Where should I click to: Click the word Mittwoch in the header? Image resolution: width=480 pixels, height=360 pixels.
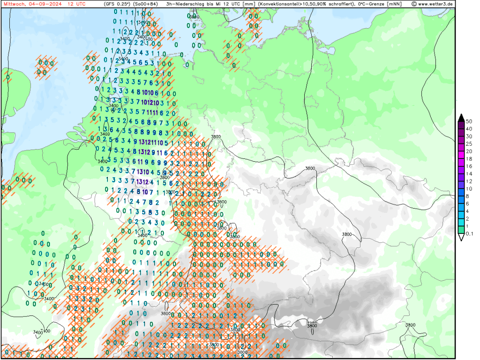[x=14, y=4]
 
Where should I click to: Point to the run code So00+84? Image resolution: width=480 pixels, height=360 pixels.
[x=146, y=4]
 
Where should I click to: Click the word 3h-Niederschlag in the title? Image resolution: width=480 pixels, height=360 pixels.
[x=187, y=4]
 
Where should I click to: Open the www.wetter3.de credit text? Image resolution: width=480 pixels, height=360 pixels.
[x=435, y=4]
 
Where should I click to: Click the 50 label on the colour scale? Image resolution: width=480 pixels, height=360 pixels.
[x=468, y=121]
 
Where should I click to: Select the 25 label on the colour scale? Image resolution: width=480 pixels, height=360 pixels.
[x=468, y=144]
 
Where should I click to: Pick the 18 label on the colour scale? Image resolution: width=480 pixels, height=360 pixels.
[x=468, y=159]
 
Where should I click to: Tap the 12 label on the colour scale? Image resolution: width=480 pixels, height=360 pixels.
[x=468, y=181]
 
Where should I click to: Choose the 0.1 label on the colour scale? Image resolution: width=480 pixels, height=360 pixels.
[x=469, y=234]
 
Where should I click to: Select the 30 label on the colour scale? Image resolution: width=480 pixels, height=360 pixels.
[x=468, y=136]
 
